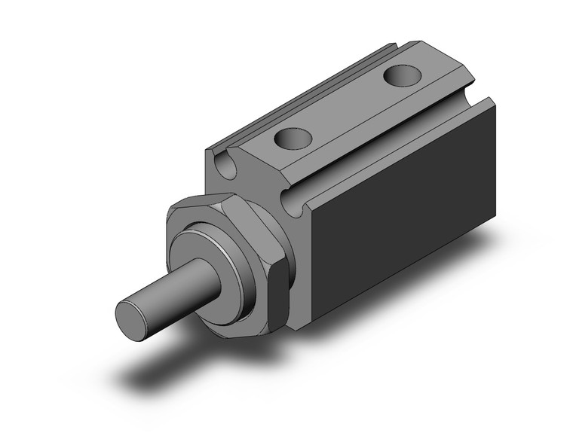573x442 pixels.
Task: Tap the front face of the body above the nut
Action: pyautogui.click(x=249, y=181)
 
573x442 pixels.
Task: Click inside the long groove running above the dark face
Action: pyautogui.click(x=392, y=151)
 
